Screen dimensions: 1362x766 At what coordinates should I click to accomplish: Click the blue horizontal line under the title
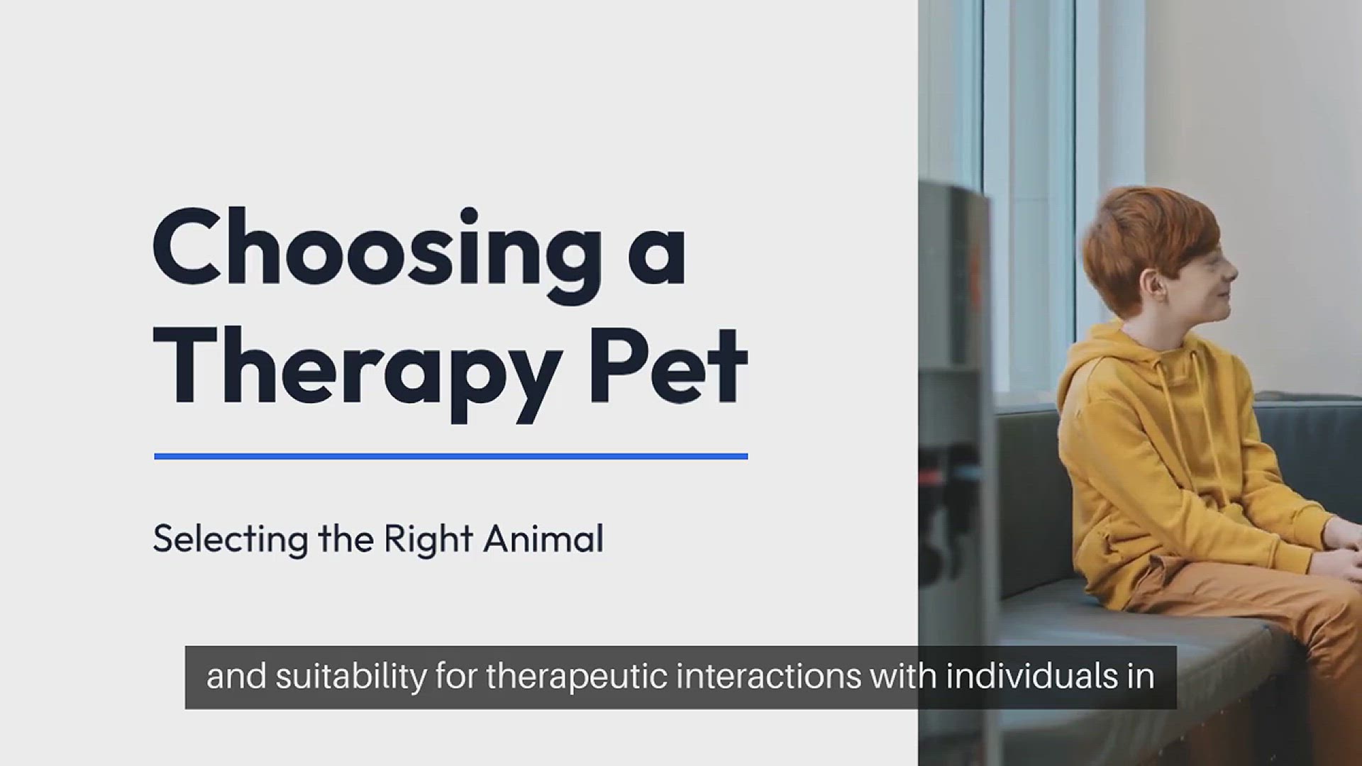451,456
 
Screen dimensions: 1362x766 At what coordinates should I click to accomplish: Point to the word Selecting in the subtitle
231,540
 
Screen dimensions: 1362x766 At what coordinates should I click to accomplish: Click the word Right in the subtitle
428,540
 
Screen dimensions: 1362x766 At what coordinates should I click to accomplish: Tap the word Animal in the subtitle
543,538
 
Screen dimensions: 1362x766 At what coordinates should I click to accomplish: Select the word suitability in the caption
350,677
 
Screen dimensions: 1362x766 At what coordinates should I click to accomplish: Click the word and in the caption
236,676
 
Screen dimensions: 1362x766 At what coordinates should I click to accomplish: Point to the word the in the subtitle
346,538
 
